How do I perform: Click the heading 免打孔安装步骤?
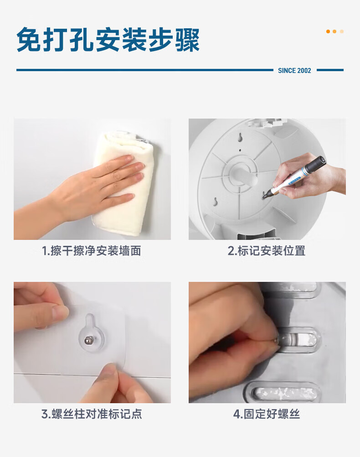tap(108, 40)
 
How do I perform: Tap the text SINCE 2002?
tap(294, 71)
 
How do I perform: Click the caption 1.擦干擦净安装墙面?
tap(92, 251)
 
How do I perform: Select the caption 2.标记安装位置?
tap(267, 251)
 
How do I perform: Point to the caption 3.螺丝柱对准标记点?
tap(92, 414)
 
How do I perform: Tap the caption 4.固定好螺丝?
tap(267, 414)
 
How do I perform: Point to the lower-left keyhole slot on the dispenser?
tap(216, 202)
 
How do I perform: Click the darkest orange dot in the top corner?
tap(328, 31)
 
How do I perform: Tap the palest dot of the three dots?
tap(342, 31)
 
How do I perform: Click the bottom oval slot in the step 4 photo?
tap(283, 394)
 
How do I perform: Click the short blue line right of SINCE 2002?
tap(330, 70)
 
